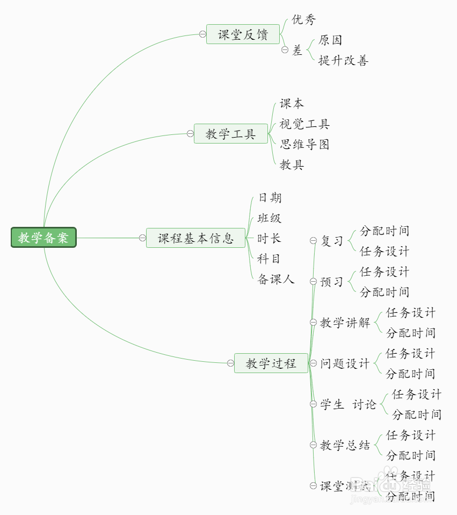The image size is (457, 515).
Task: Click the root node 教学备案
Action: point(43,238)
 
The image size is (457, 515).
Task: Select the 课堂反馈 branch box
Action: point(243,34)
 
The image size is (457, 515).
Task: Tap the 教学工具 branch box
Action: point(230,134)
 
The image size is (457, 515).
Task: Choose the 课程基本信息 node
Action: point(195,238)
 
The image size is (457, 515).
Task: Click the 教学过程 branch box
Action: point(271,363)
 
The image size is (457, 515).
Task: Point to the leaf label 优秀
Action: point(304,20)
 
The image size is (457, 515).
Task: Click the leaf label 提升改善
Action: point(343,60)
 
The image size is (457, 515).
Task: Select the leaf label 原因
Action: point(330,40)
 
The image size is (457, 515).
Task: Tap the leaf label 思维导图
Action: point(304,144)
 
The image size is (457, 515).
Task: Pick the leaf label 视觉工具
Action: point(304,124)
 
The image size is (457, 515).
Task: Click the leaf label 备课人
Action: point(276,279)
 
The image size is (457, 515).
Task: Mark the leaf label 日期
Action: point(270,198)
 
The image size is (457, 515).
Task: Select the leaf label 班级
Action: point(270,218)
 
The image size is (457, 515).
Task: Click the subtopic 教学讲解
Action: point(345,323)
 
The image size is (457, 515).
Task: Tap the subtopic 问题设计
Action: point(345,363)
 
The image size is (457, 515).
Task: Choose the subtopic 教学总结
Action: point(345,445)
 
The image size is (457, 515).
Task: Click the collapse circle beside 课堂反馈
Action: point(202,34)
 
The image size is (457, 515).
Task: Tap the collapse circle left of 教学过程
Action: point(230,363)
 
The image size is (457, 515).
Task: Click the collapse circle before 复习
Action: point(314,241)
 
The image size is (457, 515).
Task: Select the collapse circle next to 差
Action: point(285,50)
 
